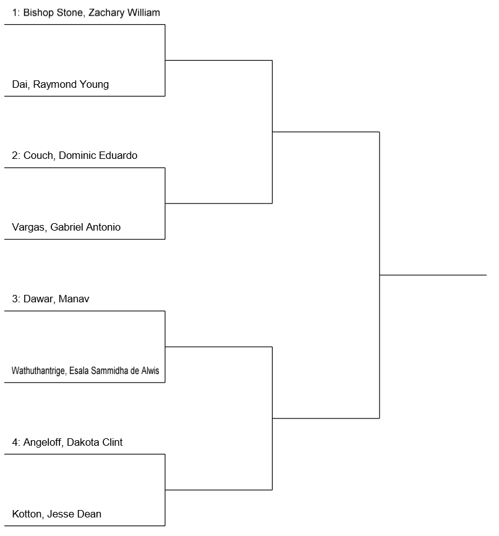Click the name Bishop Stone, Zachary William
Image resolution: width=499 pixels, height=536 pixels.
pyautogui.click(x=92, y=13)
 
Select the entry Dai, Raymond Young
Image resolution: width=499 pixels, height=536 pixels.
pyautogui.click(x=61, y=85)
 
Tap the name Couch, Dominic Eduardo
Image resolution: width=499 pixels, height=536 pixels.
pyautogui.click(x=80, y=156)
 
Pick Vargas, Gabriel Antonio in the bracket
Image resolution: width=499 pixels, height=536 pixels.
pyautogui.click(x=66, y=228)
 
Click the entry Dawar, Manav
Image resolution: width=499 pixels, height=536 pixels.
pyautogui.click(x=56, y=299)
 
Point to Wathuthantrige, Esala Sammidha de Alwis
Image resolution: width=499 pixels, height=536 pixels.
pyautogui.click(x=85, y=371)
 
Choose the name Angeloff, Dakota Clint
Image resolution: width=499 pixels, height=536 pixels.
pyautogui.click(x=73, y=442)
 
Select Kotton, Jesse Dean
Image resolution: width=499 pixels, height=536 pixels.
pyautogui.click(x=57, y=514)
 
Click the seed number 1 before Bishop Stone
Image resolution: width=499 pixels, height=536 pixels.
pyautogui.click(x=15, y=13)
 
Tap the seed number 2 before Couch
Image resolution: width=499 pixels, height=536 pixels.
pyautogui.click(x=15, y=156)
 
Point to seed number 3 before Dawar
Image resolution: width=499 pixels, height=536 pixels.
pyautogui.click(x=15, y=299)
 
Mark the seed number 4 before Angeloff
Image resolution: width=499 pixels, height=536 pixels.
pyautogui.click(x=15, y=442)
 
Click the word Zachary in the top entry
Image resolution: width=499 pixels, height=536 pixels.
pyautogui.click(x=106, y=13)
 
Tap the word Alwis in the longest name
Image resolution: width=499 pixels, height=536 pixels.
pyautogui.click(x=150, y=371)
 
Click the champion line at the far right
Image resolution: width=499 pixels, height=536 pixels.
pyautogui.click(x=433, y=275)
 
